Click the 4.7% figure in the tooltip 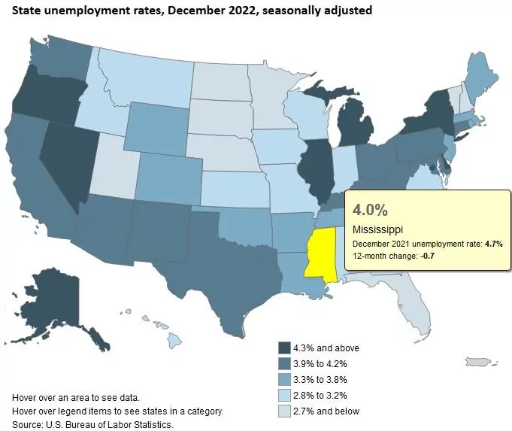[x=492, y=244]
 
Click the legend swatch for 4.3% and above [x=284, y=348]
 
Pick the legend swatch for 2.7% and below [x=284, y=411]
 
